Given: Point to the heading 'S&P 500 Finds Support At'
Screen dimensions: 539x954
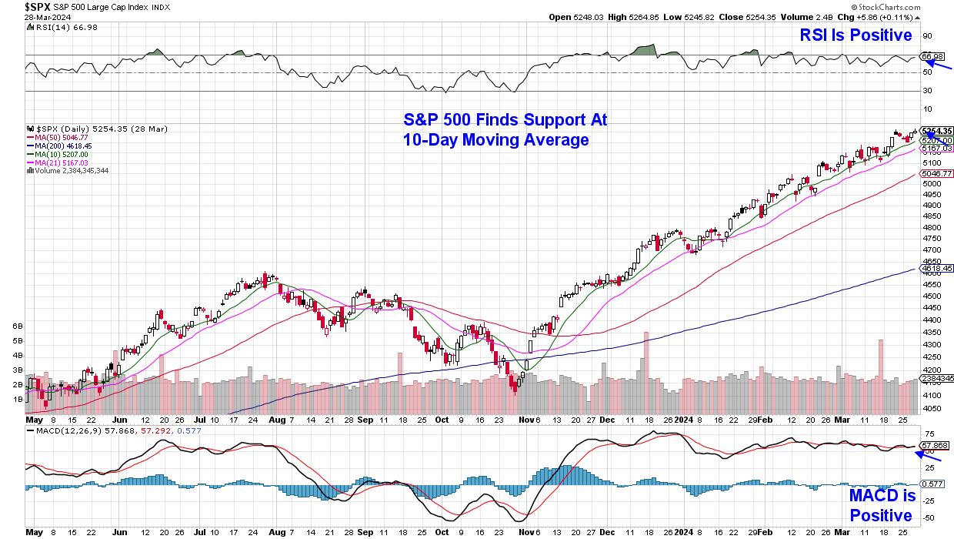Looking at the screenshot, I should (505, 120).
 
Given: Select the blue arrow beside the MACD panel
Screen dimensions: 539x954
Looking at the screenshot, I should (928, 457).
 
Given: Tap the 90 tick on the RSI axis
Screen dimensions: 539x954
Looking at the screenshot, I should (927, 35).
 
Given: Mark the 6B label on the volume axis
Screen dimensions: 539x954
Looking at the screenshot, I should (17, 326).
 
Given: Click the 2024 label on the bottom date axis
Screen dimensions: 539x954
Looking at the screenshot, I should (684, 421).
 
